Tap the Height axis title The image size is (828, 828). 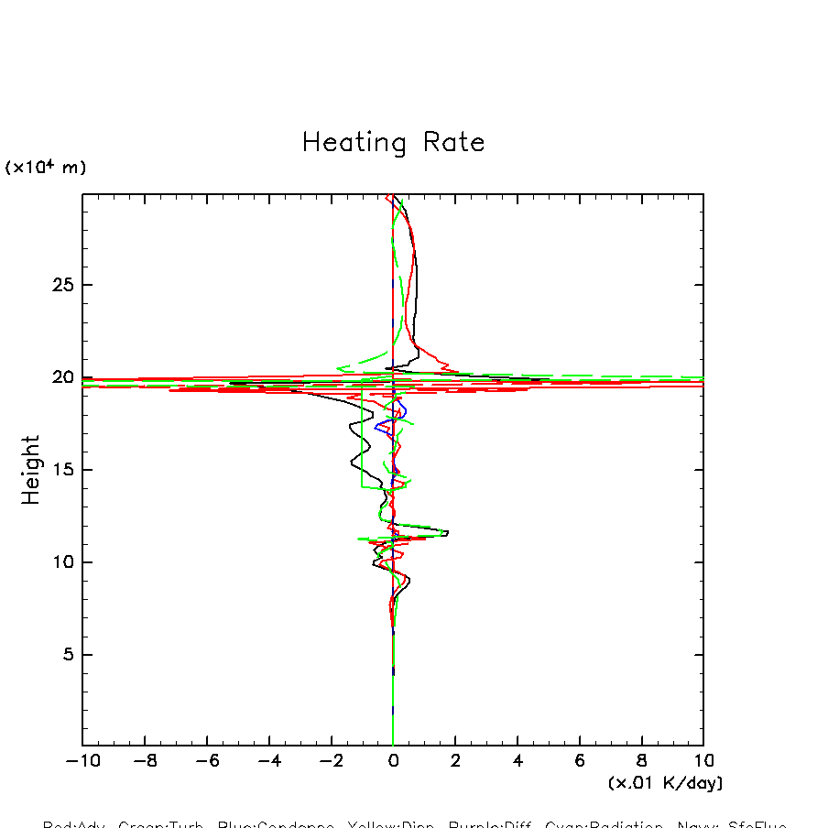pos(31,470)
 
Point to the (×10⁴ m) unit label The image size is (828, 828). pos(46,167)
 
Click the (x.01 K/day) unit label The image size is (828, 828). pos(665,783)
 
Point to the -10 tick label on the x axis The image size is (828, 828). pos(82,760)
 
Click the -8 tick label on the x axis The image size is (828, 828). pos(145,760)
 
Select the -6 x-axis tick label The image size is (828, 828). pos(207,760)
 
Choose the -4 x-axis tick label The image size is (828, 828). pos(269,760)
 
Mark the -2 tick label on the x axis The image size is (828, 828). pos(331,760)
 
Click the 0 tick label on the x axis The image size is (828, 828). pos(393,760)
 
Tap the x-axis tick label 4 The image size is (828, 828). pos(517,760)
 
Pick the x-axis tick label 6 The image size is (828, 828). pos(580,760)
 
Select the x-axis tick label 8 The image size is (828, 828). pos(642,760)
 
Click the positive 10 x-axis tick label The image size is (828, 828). pos(703,760)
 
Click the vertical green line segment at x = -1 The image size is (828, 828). pos(362,440)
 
